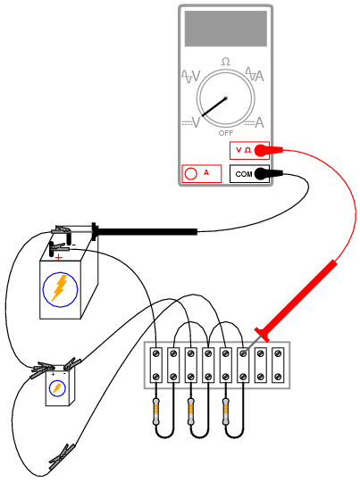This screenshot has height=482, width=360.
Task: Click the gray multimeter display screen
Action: [225, 29]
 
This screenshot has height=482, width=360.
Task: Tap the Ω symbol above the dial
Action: [225, 62]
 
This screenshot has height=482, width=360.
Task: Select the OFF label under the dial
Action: [226, 133]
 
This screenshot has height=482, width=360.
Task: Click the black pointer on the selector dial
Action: [214, 107]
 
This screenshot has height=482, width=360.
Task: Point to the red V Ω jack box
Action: [249, 150]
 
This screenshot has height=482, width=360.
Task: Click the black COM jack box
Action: [249, 174]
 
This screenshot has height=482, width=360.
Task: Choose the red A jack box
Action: [202, 174]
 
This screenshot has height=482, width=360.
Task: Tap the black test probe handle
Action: [145, 231]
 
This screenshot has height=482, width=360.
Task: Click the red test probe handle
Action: [296, 301]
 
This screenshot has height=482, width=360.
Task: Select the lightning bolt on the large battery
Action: [60, 288]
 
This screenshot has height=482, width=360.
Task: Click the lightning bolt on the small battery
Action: [57, 388]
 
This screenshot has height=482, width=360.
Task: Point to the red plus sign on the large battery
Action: [58, 257]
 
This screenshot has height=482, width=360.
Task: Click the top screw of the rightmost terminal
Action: [278, 353]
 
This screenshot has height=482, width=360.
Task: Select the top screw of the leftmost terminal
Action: [156, 353]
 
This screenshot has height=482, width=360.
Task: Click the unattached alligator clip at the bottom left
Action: [62, 457]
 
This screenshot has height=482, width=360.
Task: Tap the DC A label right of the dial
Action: [255, 123]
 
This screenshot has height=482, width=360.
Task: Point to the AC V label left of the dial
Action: [191, 76]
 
